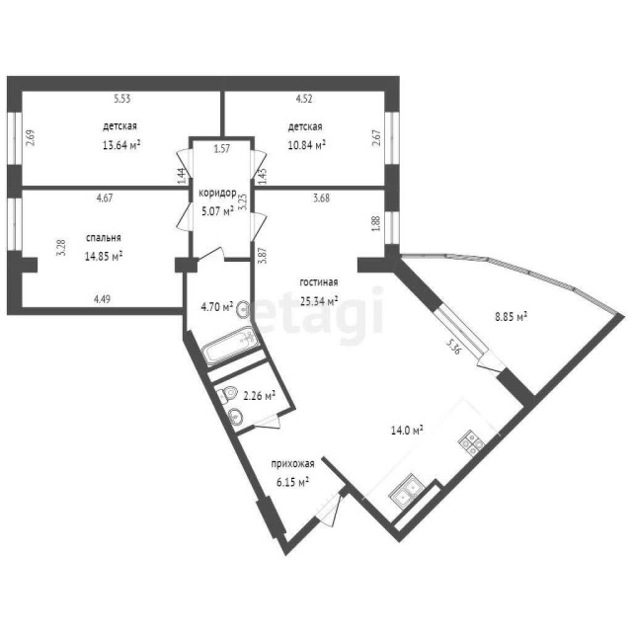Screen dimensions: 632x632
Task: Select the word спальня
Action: (104, 238)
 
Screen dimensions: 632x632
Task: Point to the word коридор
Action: (216, 193)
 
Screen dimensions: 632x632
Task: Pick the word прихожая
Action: (293, 463)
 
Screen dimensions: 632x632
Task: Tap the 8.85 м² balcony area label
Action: (511, 317)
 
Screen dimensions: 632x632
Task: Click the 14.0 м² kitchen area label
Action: (406, 431)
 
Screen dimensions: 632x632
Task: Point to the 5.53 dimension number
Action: (122, 98)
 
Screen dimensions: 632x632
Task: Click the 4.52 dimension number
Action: (305, 98)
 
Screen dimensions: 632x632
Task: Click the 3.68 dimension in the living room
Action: (321, 198)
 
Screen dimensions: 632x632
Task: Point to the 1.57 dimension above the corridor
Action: (222, 149)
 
